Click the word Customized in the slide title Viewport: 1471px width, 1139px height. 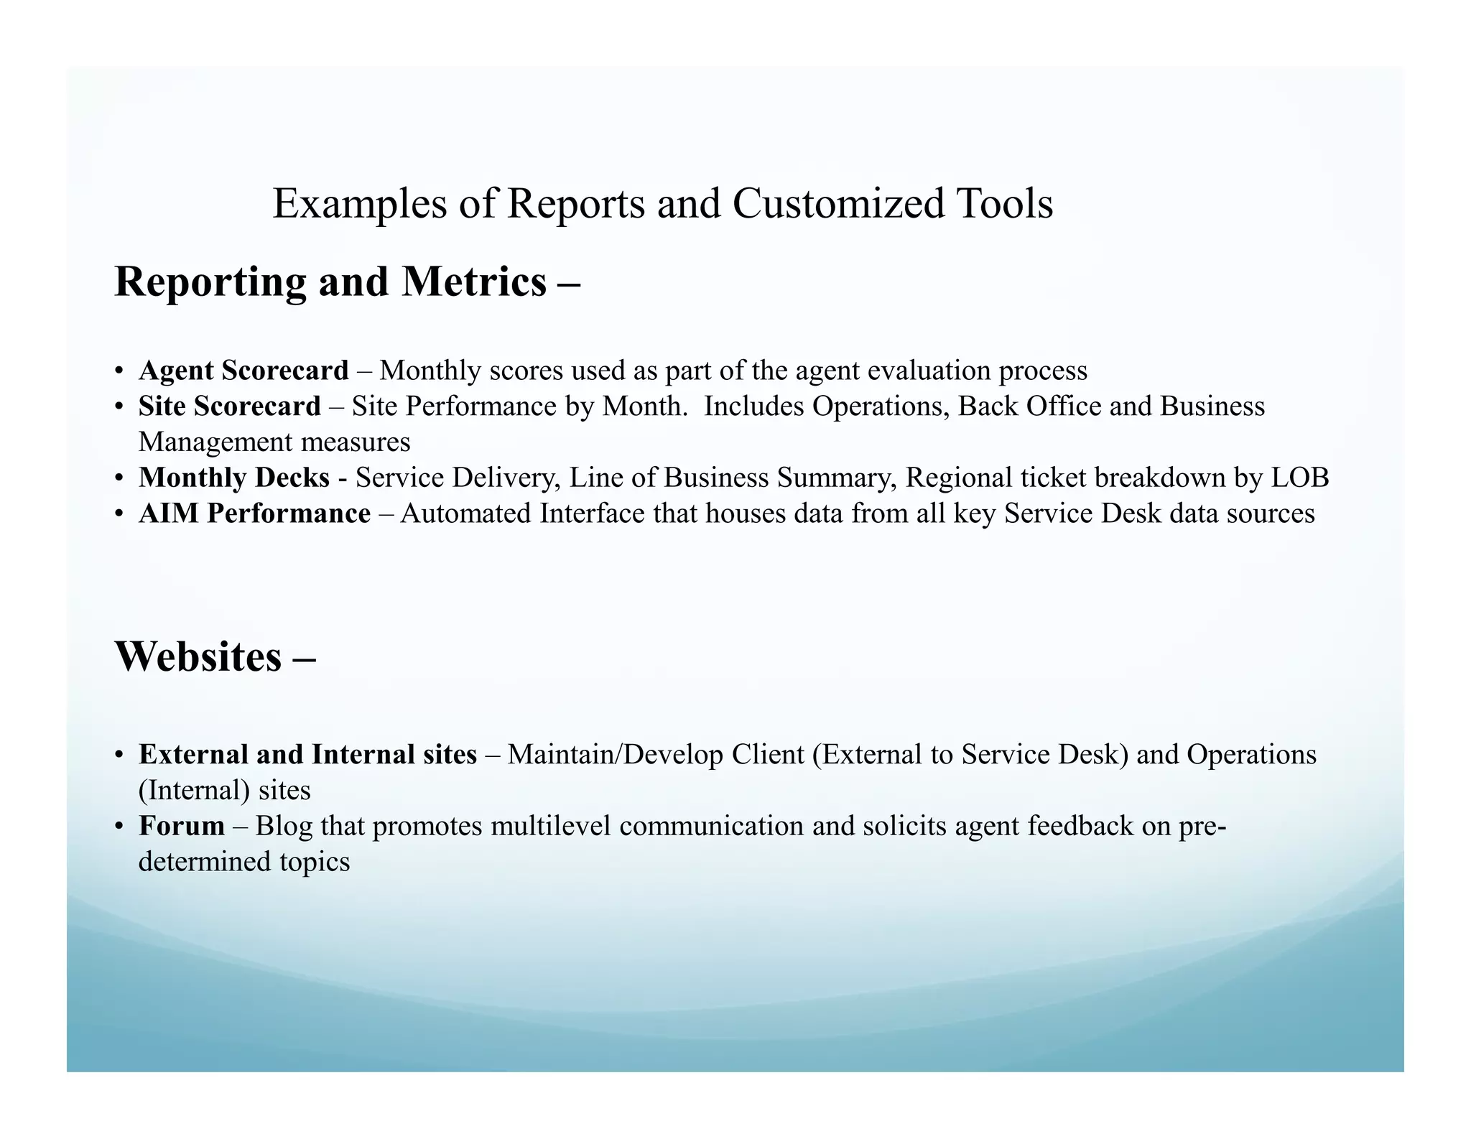pos(838,204)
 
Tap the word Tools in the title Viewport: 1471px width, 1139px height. pos(1004,204)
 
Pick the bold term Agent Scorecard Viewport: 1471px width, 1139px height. pos(243,371)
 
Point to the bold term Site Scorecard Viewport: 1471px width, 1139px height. pos(230,406)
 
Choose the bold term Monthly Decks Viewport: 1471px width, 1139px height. pos(234,478)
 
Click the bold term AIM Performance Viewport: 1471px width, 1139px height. pos(255,513)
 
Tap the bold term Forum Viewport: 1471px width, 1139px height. pos(182,826)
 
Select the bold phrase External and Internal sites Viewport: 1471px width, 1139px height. pos(307,754)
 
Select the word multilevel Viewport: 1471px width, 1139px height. pos(551,826)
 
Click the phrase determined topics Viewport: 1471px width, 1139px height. pos(244,861)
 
